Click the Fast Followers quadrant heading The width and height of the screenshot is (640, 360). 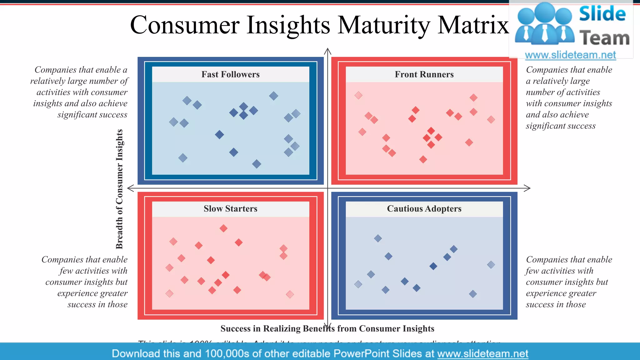pos(230,74)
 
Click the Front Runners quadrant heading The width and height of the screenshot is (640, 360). pos(424,74)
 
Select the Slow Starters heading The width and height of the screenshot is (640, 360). pos(230,209)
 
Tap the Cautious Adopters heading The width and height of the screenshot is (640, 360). pos(424,209)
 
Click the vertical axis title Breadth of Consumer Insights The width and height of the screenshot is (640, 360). pos(119,189)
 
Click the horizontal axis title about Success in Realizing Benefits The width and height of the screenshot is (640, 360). pos(327,329)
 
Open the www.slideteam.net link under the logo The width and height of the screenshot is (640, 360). pos(570,55)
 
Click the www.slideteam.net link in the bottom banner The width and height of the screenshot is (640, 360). pos(482,354)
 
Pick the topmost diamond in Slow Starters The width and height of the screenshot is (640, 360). pos(223,228)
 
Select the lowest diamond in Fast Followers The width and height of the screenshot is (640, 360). pos(257,164)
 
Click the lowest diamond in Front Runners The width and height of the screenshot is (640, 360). pos(423,160)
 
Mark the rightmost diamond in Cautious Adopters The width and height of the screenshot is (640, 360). pos(491,265)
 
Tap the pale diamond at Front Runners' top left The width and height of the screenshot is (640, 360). pos(358,95)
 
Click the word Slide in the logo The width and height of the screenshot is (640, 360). pos(602,14)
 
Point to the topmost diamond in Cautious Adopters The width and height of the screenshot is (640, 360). pos(378,238)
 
